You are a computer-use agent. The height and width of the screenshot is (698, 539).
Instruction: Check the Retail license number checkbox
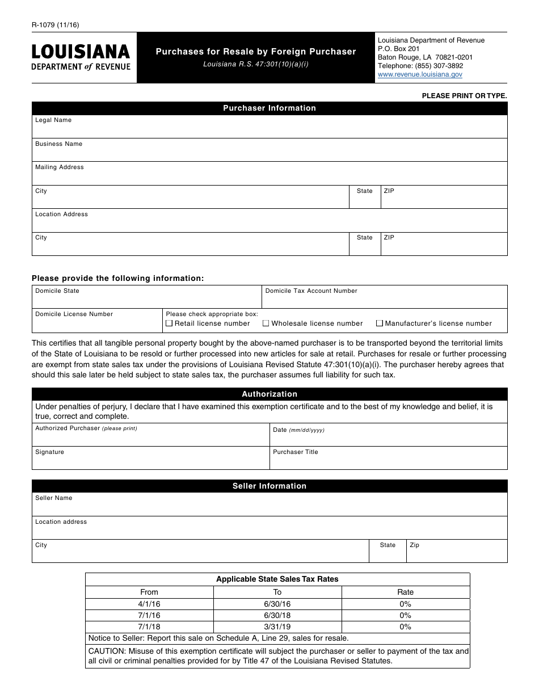[169, 323]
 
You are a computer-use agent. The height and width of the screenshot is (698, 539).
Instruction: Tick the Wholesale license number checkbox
[266, 323]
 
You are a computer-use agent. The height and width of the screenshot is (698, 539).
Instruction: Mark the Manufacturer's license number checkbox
[380, 323]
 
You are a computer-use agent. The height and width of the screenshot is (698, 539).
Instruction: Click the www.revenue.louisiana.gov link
[420, 74]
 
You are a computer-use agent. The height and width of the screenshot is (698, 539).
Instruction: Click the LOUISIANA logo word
[81, 52]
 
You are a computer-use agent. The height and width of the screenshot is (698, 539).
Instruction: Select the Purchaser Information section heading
[269, 108]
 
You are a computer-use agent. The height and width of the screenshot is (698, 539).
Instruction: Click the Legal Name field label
[53, 120]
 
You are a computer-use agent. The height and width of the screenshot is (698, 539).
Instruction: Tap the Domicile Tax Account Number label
[311, 291]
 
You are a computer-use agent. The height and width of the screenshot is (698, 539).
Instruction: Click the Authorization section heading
[269, 394]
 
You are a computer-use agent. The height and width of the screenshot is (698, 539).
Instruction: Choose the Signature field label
[49, 452]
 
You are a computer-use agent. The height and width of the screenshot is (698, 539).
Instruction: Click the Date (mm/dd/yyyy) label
[298, 430]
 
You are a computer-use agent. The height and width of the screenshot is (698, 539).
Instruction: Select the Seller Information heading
[269, 486]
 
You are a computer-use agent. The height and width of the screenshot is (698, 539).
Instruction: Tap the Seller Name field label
[54, 498]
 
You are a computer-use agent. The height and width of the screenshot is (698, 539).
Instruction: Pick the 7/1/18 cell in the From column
[149, 627]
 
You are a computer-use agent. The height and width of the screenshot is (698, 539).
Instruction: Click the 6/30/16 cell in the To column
[277, 604]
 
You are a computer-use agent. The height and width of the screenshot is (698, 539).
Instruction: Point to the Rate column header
[406, 592]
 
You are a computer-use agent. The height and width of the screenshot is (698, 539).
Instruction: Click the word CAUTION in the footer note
[107, 651]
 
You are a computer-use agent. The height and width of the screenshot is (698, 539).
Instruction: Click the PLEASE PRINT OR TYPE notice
[464, 96]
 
